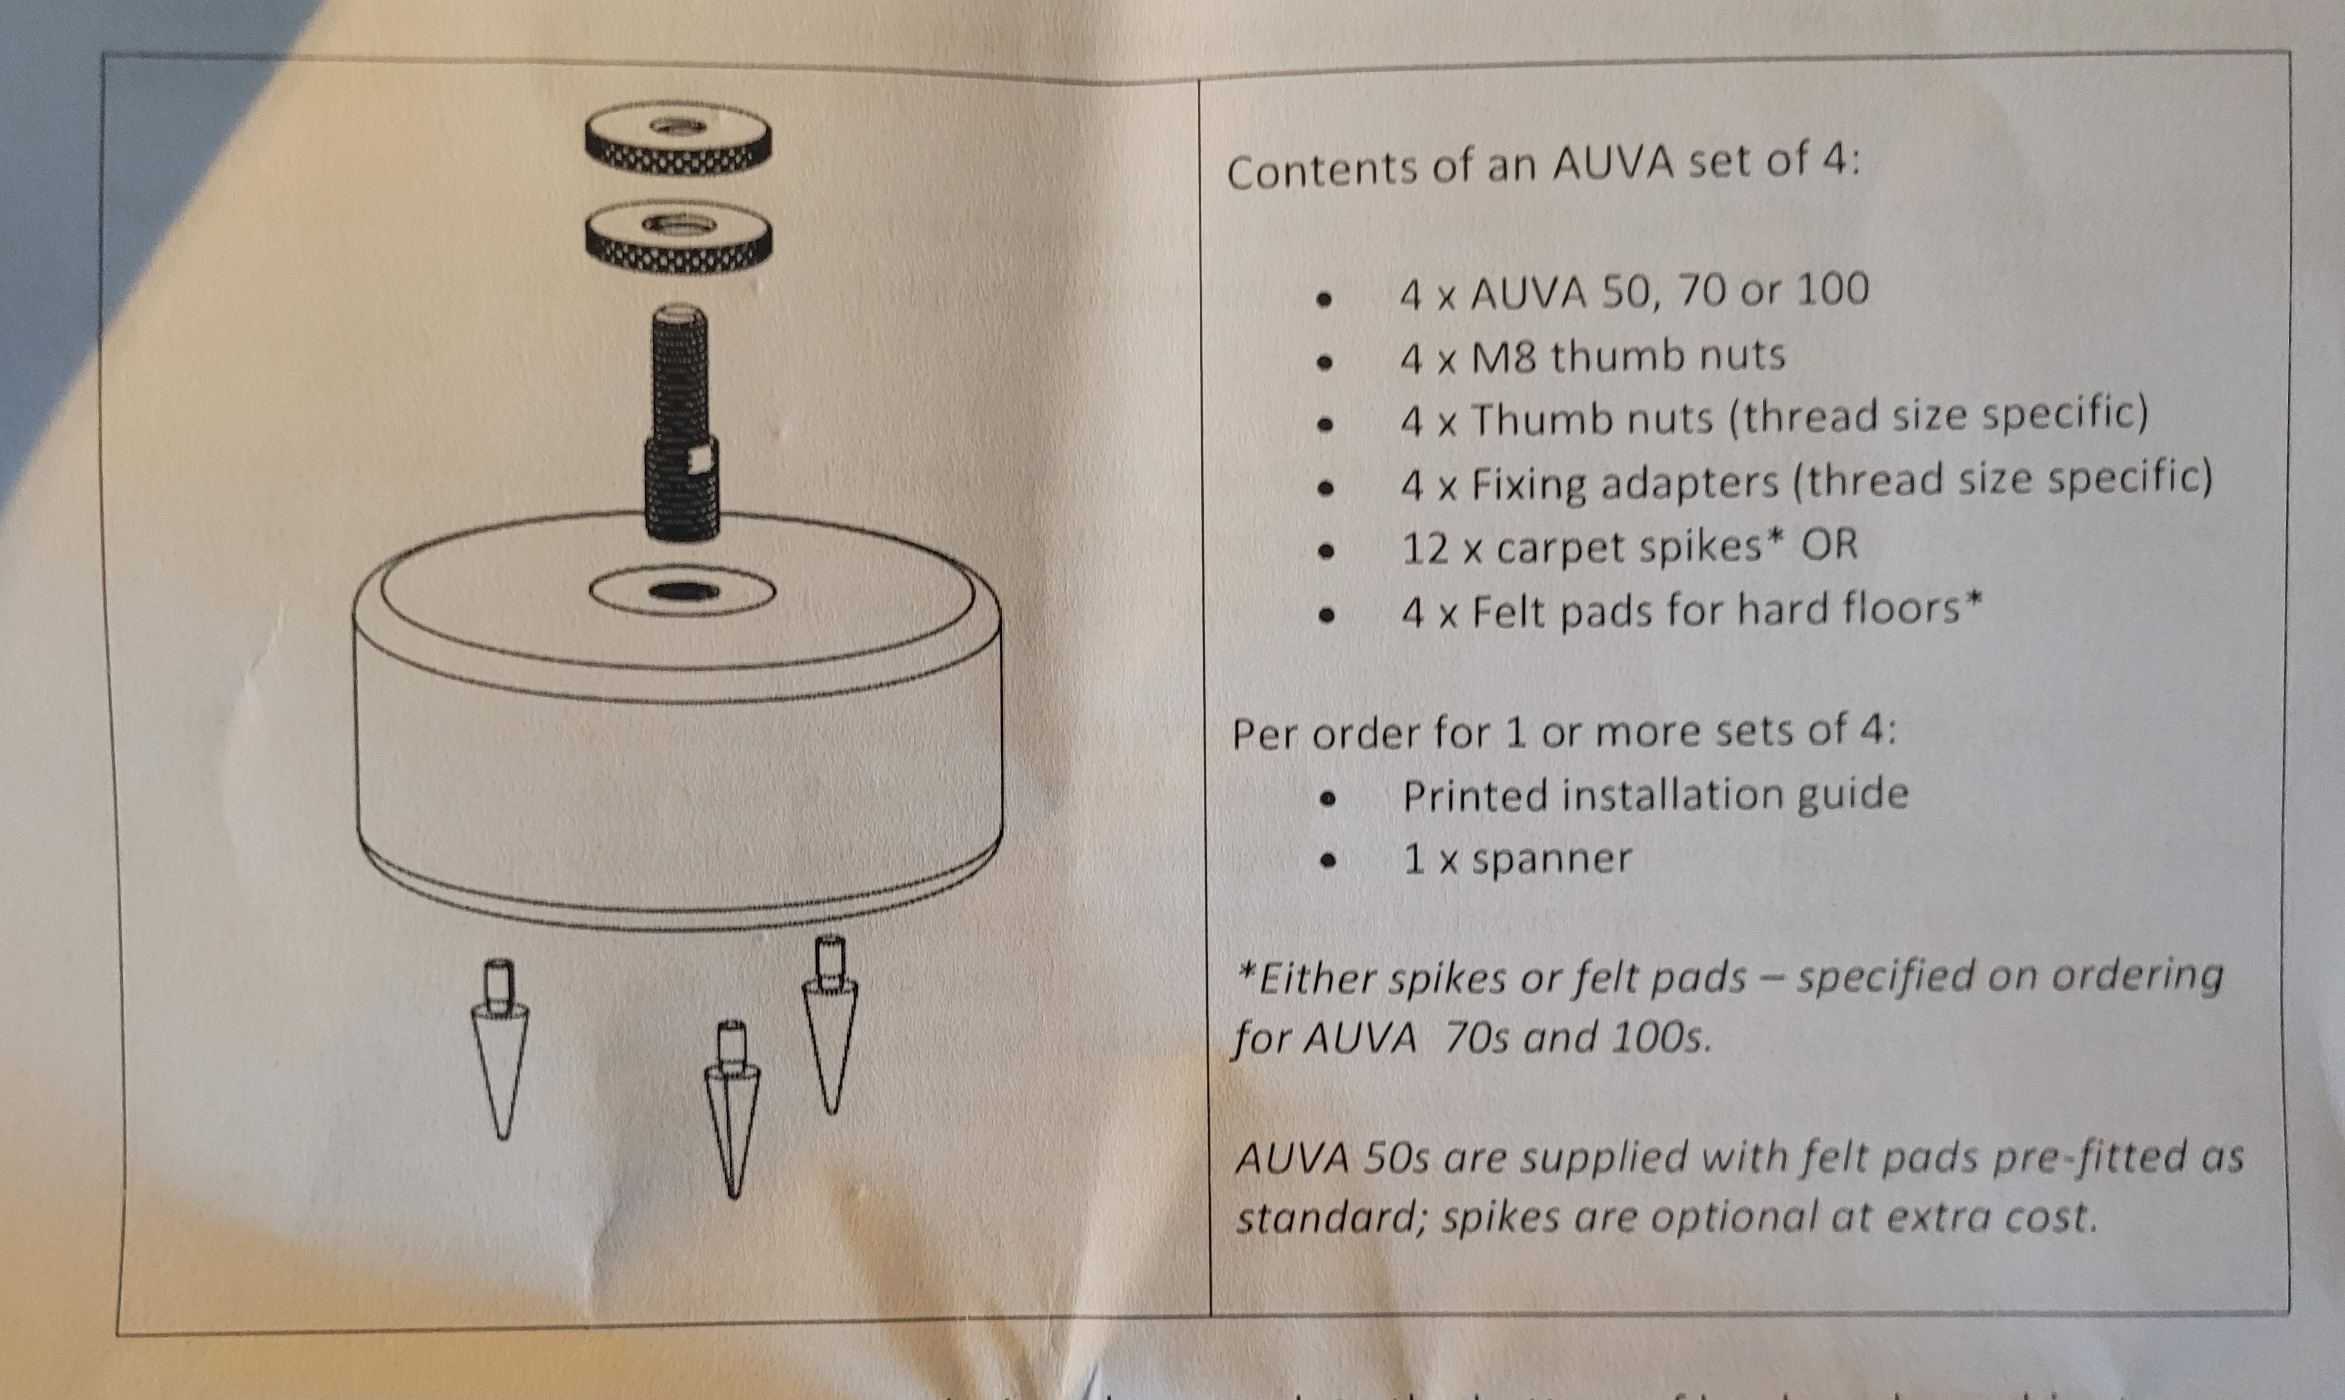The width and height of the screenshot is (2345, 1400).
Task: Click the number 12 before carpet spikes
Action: (x=1423, y=548)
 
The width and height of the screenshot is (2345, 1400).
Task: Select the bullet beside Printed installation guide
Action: (x=1328, y=799)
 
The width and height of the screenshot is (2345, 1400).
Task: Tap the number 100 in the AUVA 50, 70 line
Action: (x=1832, y=289)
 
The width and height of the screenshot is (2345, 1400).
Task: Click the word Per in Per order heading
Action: (x=1264, y=734)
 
